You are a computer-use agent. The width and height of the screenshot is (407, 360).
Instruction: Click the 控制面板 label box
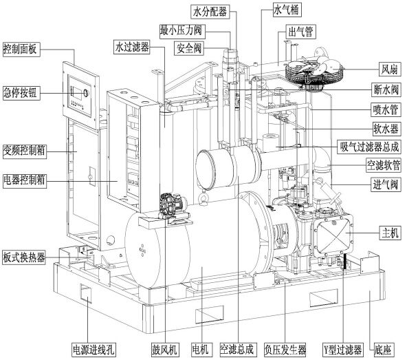21,49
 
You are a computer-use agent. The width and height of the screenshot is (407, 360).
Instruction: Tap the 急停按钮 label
21,92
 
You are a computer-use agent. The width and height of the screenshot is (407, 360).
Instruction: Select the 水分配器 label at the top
210,12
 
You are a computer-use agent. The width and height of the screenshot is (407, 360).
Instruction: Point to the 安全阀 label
189,48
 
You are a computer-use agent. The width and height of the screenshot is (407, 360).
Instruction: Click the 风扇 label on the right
389,69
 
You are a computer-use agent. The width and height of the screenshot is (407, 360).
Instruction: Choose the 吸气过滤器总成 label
370,147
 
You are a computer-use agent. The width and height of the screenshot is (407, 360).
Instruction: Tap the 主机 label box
390,232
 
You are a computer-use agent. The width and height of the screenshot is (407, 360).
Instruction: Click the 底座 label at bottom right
383,350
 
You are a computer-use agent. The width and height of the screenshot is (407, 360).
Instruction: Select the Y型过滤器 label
343,350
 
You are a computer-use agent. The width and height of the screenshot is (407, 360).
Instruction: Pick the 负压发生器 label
285,350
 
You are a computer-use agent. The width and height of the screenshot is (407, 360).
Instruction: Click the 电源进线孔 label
93,350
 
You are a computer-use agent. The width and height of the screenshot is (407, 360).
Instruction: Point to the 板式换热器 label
24,257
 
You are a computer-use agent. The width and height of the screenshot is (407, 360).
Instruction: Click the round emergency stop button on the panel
85,92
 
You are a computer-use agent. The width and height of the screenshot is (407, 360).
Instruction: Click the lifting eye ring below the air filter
203,198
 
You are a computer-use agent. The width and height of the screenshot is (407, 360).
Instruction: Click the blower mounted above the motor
171,207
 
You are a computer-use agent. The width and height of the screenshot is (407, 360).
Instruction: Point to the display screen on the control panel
78,93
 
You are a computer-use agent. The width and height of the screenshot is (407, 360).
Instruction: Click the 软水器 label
386,129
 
